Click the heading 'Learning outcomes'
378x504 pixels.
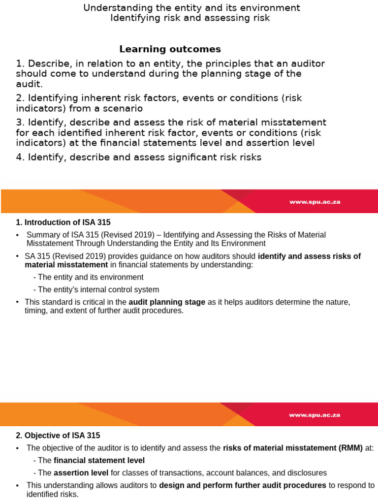pyautogui.click(x=170, y=49)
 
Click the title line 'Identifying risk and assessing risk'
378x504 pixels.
pyautogui.click(x=190, y=18)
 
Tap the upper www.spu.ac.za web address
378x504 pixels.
pyautogui.click(x=315, y=202)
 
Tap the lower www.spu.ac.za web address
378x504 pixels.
pyautogui.click(x=315, y=415)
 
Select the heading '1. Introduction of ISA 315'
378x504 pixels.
pyautogui.click(x=66, y=222)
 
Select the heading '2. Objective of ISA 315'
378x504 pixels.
pyautogui.click(x=58, y=436)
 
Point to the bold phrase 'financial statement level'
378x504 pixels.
pyautogui.click(x=99, y=461)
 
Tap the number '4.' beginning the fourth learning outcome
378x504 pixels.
pyautogui.click(x=20, y=157)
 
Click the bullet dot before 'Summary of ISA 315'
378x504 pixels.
pyautogui.click(x=18, y=235)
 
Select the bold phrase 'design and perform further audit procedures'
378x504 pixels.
pyautogui.click(x=243, y=485)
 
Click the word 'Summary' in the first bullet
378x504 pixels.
pyautogui.click(x=42, y=235)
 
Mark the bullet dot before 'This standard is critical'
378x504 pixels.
pyautogui.click(x=18, y=302)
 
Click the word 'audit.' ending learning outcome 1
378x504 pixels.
pyautogui.click(x=26, y=84)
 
